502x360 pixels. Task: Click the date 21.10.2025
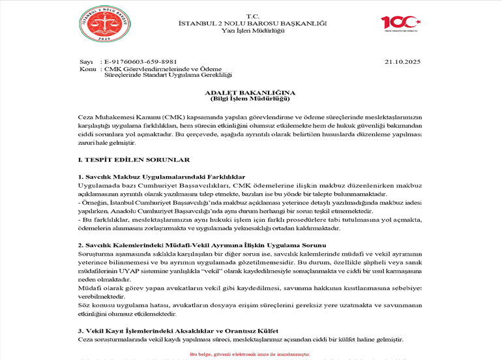[x=403, y=62]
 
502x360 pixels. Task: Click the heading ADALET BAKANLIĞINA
[x=250, y=93]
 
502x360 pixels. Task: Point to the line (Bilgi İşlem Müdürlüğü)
[x=250, y=99]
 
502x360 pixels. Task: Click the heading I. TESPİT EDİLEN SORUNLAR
[x=133, y=160]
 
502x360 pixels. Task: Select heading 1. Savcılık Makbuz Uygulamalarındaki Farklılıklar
[x=161, y=177]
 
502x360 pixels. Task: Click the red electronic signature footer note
[x=250, y=354]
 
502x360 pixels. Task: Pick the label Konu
[x=87, y=69]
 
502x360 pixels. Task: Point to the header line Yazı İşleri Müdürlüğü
[x=252, y=31]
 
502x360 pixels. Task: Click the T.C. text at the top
[x=252, y=16]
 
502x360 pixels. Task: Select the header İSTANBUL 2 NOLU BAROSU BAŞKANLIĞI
[x=252, y=23]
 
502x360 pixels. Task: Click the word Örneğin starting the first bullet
[x=93, y=203]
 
